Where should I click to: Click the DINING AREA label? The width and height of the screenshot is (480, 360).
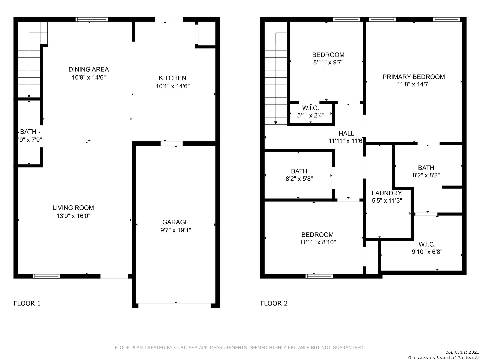(x=89, y=69)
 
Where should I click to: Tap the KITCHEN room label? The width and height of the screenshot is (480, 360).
(x=173, y=78)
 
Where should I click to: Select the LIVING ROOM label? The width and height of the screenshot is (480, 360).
(x=73, y=208)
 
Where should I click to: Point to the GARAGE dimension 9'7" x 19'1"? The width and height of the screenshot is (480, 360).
(x=176, y=230)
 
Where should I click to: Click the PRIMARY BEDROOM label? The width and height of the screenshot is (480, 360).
(x=414, y=77)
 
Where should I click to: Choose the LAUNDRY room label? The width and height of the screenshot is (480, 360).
(x=387, y=193)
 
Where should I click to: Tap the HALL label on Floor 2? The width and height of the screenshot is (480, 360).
(x=346, y=133)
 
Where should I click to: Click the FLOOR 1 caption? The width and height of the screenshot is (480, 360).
(x=27, y=303)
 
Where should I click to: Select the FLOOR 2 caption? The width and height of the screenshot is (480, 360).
(x=274, y=303)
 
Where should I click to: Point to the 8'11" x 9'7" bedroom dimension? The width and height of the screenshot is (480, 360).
(x=328, y=62)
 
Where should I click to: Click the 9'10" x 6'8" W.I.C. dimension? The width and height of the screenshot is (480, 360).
(x=427, y=252)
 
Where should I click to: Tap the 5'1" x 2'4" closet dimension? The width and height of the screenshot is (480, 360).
(x=311, y=115)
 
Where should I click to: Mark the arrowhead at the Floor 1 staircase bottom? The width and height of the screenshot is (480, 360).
(x=29, y=96)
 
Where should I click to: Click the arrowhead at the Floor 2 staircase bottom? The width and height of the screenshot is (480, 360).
(x=276, y=123)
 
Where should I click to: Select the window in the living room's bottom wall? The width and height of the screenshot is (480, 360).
(x=46, y=276)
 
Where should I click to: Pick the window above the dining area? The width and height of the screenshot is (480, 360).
(x=92, y=19)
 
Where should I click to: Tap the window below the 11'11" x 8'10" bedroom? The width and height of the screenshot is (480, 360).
(x=319, y=276)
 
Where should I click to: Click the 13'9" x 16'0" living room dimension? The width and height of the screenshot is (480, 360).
(x=73, y=216)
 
